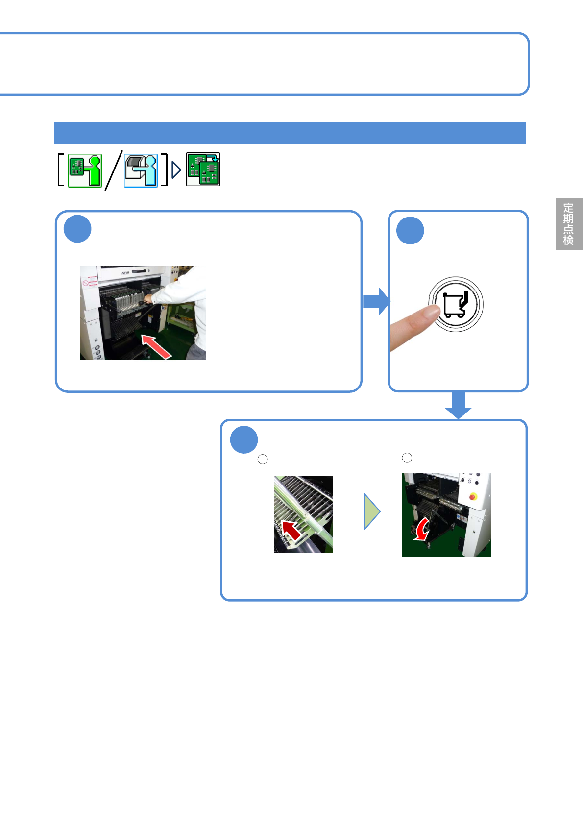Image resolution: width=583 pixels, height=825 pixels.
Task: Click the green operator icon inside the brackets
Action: point(85,170)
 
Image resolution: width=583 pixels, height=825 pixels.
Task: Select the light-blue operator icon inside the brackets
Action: point(141,170)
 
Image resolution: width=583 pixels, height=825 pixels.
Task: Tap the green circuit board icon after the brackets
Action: point(203,170)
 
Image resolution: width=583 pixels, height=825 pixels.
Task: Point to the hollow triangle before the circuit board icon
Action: point(176,170)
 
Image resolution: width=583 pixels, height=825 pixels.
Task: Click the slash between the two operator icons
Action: point(113,170)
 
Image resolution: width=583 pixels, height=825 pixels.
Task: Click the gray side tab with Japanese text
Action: point(568,224)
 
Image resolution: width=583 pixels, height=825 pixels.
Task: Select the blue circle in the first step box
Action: point(77,229)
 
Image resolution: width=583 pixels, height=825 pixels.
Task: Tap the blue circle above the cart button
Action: point(410,230)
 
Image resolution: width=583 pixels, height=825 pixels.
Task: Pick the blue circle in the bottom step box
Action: point(244,440)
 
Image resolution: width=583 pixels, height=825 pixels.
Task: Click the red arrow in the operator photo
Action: point(156,346)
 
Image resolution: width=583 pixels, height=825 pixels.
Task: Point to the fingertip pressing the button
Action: point(431,312)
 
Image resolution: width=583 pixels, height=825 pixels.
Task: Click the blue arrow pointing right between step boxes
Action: point(376,301)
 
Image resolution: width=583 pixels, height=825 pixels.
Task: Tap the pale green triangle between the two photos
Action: point(372,511)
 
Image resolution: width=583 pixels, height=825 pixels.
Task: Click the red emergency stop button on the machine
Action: point(473,496)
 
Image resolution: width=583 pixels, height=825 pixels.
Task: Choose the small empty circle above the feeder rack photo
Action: point(263,459)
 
